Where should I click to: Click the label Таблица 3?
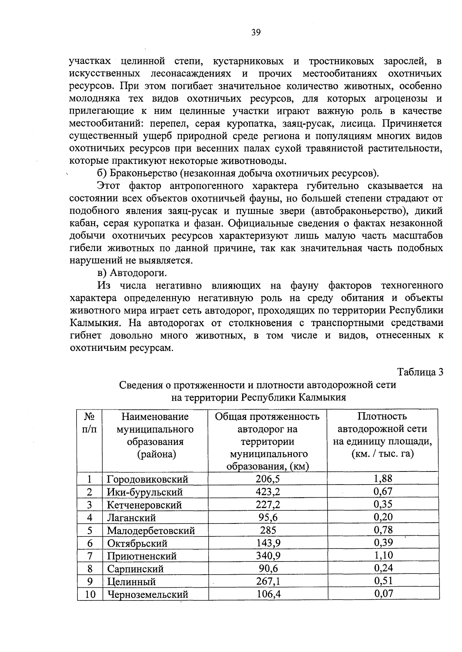[x=420, y=372]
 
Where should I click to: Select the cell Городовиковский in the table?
[x=147, y=479]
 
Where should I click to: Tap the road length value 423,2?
[x=268, y=492]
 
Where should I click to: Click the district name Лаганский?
[x=131, y=518]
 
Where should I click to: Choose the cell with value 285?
[x=268, y=530]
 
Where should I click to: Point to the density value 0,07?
[x=383, y=593]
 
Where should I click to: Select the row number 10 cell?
[x=90, y=594]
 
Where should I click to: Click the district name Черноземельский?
[x=147, y=594]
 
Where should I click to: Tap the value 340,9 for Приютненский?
[x=268, y=555]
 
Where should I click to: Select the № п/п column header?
[x=90, y=423]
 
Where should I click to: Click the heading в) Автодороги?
[x=132, y=273]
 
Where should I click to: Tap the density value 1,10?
[x=383, y=555]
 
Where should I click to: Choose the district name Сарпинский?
[x=135, y=569]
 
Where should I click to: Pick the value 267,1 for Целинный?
[x=268, y=581]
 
